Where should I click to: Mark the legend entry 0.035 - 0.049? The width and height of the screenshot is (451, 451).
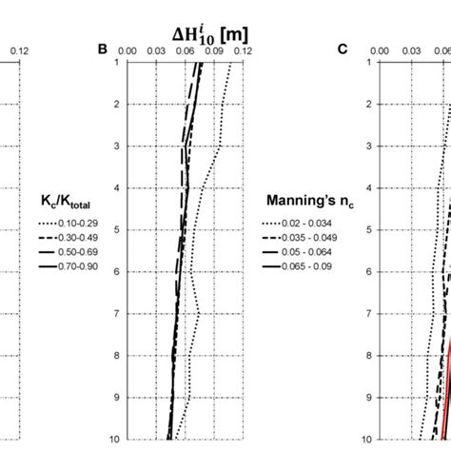[x=303, y=236]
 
